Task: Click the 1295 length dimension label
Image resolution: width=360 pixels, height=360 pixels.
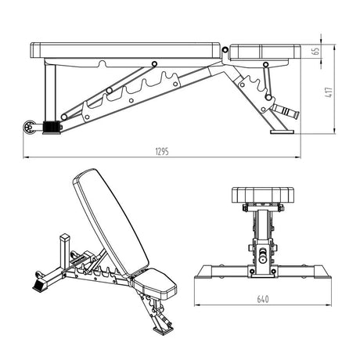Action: (x=162, y=151)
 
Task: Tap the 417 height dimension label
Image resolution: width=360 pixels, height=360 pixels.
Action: (x=329, y=92)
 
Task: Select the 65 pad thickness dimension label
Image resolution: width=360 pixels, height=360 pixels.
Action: (x=316, y=51)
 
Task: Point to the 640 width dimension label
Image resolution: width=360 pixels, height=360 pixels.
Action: (x=263, y=299)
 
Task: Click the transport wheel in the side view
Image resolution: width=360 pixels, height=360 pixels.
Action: (x=30, y=128)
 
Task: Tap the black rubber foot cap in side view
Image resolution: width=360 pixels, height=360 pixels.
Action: (x=52, y=128)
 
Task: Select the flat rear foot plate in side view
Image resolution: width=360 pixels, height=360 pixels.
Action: (x=282, y=132)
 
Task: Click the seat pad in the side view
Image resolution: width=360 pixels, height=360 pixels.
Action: (x=265, y=52)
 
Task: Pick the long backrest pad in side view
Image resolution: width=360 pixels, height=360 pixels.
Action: (x=126, y=50)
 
